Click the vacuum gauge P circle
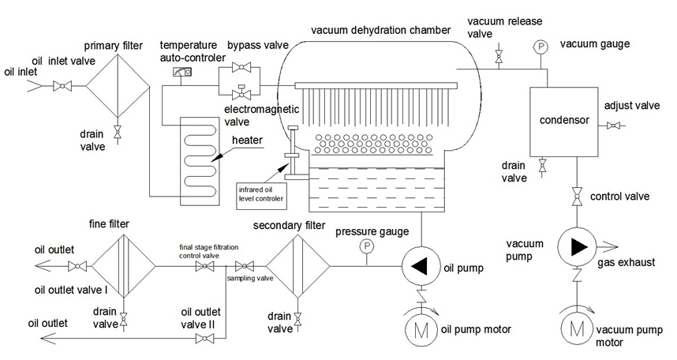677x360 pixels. click(540, 47)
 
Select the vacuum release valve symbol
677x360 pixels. click(498, 57)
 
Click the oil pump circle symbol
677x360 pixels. click(419, 266)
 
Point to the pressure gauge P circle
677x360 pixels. click(366, 247)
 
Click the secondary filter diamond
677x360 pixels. click(297, 266)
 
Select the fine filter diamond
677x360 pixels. click(123, 266)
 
